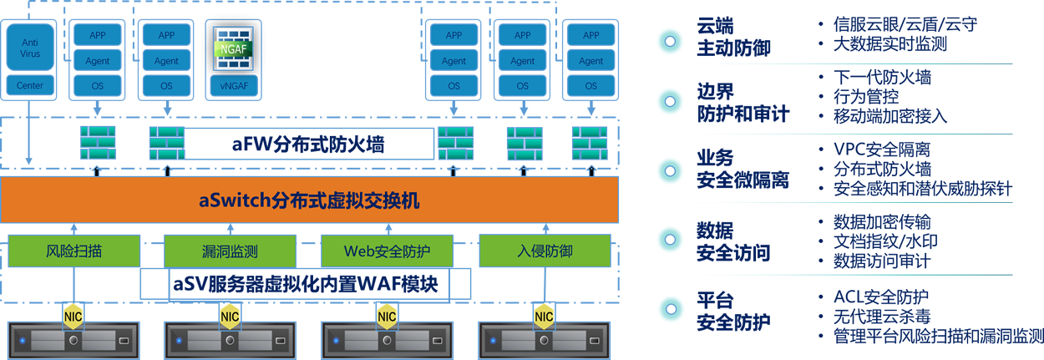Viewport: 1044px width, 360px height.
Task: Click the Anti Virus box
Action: pyautogui.click(x=30, y=48)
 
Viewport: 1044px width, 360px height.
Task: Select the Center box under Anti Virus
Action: pyautogui.click(x=30, y=85)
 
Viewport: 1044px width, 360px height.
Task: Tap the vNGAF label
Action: pyautogui.click(x=235, y=85)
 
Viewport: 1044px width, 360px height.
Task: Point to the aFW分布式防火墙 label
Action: pyautogui.click(x=308, y=145)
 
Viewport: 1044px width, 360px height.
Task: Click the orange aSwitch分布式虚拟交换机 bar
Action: pyautogui.click(x=309, y=200)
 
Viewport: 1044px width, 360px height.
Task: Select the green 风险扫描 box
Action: pyautogui.click(x=73, y=251)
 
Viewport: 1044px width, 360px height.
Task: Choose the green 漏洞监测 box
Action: pyautogui.click(x=230, y=251)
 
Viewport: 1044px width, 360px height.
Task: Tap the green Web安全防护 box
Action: pyautogui.click(x=387, y=251)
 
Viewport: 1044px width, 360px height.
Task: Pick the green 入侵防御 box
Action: pyautogui.click(x=544, y=251)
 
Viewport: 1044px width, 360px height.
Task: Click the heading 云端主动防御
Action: pyautogui.click(x=733, y=37)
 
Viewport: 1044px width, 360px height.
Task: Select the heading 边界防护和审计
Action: pyautogui.click(x=742, y=102)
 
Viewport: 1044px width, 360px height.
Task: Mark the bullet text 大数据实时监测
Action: pyautogui.click(x=890, y=44)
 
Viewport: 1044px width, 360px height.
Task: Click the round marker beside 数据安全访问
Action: pyautogui.click(x=669, y=240)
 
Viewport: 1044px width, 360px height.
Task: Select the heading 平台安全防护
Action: pyautogui.click(x=733, y=311)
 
